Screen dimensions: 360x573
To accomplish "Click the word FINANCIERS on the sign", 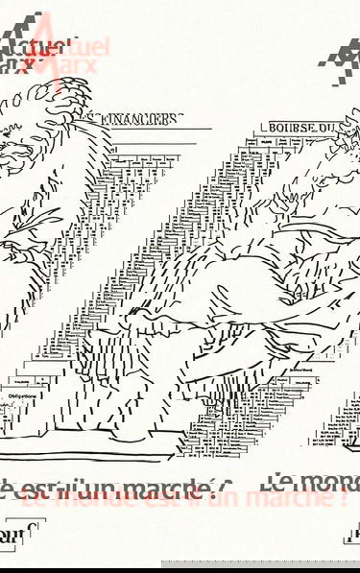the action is [148, 119].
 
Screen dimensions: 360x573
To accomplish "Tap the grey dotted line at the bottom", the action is [259, 563].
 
